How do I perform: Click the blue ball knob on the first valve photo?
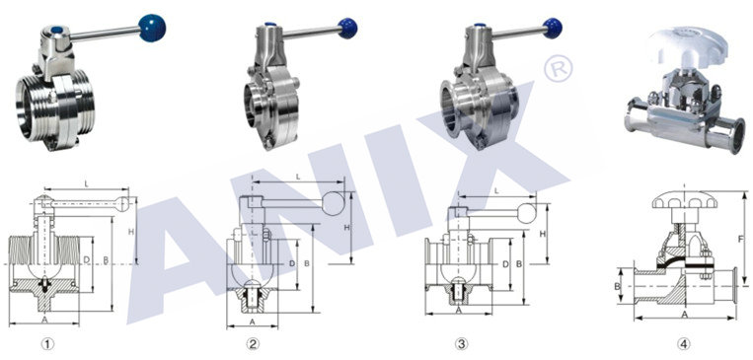(152, 28)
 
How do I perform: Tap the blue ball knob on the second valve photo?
(347, 29)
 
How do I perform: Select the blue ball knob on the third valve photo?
(553, 29)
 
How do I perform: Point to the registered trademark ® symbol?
(558, 68)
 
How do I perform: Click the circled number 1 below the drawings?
(47, 343)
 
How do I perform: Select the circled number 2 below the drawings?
(253, 343)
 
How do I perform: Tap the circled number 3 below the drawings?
(461, 343)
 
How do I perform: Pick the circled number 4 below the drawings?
(684, 343)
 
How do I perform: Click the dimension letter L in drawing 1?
(87, 183)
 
